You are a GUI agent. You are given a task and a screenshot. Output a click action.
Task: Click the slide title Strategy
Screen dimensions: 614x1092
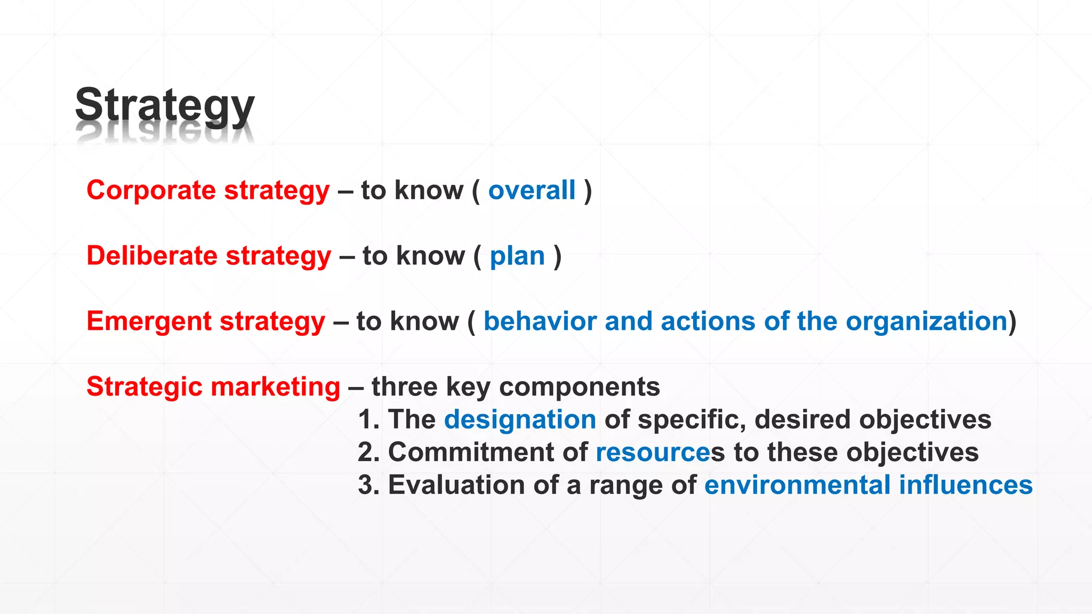tap(165, 106)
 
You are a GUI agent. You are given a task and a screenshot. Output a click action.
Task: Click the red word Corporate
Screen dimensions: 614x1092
tap(151, 190)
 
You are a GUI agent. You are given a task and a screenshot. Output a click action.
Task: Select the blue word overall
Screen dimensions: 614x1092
tap(532, 190)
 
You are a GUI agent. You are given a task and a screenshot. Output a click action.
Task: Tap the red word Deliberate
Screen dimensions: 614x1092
tap(152, 256)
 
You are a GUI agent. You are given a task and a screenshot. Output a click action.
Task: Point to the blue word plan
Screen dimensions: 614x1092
tap(517, 256)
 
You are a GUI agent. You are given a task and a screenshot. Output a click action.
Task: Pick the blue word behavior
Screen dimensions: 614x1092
tap(540, 321)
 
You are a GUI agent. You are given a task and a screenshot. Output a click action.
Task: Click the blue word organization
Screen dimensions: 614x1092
tap(927, 321)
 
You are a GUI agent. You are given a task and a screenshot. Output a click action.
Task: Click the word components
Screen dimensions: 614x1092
tap(580, 387)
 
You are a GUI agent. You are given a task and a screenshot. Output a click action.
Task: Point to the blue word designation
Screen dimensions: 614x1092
tap(520, 419)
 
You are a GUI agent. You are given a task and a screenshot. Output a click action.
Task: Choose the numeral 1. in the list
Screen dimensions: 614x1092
tap(368, 419)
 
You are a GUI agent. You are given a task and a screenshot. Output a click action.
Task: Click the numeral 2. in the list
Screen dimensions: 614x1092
tap(368, 453)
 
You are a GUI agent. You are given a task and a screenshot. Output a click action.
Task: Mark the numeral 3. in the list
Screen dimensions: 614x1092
tap(368, 485)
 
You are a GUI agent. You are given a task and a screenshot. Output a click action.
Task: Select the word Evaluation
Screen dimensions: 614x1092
tap(456, 485)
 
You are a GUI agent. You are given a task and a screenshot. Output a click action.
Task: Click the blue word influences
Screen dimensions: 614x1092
tap(966, 485)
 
